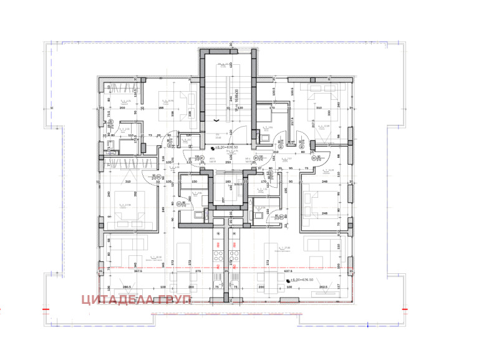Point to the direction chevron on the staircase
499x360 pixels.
click(x=216, y=119)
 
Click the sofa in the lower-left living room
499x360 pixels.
click(x=127, y=243)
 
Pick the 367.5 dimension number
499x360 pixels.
click(x=138, y=271)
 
